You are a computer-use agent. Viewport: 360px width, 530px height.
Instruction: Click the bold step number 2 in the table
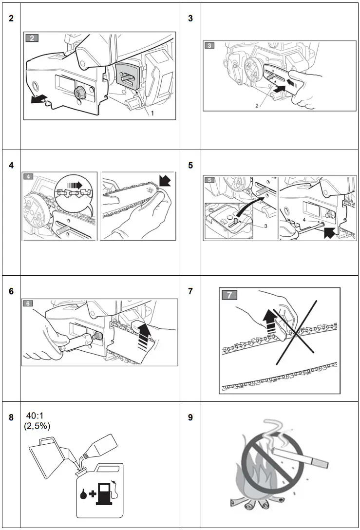[11, 18]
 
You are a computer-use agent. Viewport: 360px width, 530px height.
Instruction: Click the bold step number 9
[190, 417]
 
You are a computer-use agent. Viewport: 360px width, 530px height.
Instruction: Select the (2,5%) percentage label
[37, 426]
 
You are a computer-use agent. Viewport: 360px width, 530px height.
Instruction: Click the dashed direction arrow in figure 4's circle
[74, 185]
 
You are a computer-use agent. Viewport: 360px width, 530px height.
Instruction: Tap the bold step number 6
[11, 291]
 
